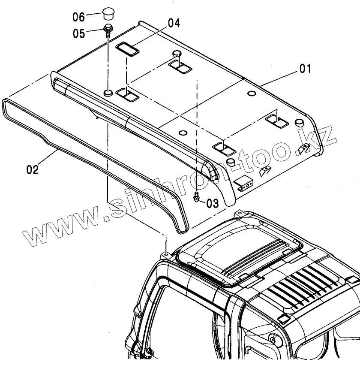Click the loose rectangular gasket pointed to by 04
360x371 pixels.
click(128, 48)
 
